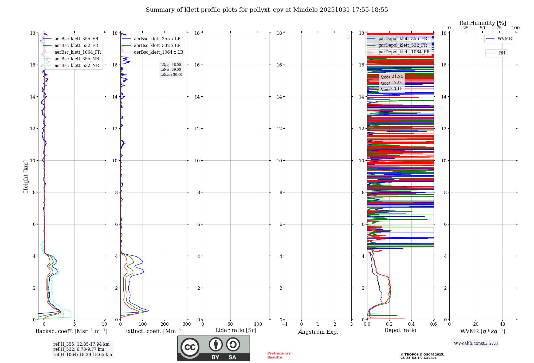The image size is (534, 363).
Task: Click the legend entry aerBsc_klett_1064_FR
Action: [78, 52]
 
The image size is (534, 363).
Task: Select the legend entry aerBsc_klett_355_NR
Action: [77, 59]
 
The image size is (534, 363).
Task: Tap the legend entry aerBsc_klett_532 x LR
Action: [157, 46]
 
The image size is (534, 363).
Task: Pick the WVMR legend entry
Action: [505, 39]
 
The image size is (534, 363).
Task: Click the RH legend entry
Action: [502, 53]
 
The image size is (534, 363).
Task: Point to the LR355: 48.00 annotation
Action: [171, 65]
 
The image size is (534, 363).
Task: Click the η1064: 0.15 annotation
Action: [391, 89]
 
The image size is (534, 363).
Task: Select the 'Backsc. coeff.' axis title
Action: [72, 331]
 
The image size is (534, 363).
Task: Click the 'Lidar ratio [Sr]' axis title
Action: [236, 330]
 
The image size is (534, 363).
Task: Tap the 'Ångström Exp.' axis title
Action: [318, 332]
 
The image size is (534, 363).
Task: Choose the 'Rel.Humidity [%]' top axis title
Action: [482, 23]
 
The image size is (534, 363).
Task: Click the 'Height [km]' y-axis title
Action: [26, 176]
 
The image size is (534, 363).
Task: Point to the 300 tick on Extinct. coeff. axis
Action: [187, 324]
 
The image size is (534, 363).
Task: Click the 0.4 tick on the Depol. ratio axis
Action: [411, 324]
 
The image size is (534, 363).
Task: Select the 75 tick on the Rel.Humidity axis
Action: [499, 28]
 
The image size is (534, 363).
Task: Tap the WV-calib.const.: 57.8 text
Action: [476, 344]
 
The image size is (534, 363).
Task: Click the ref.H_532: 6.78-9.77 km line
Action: [79, 349]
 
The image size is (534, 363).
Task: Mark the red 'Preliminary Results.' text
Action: [279, 355]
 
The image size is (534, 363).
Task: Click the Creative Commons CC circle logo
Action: [190, 347]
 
